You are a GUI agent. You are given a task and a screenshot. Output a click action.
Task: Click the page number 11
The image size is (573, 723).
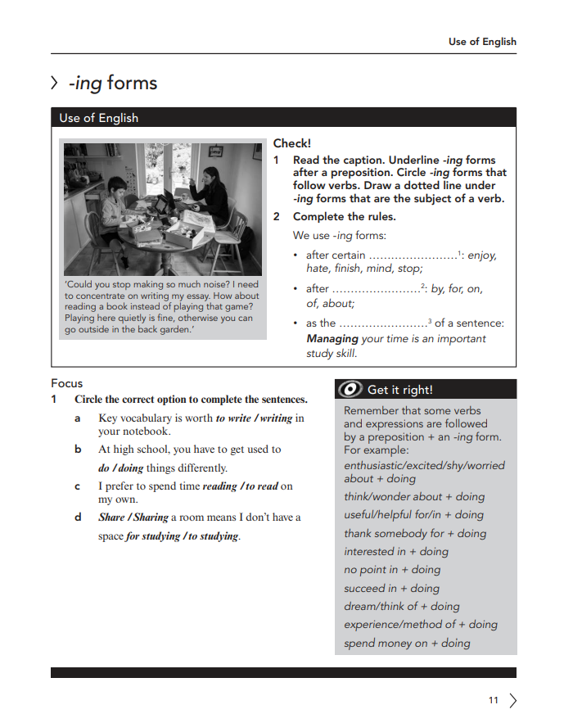point(493,700)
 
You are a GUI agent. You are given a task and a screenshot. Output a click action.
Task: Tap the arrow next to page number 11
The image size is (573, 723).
point(513,700)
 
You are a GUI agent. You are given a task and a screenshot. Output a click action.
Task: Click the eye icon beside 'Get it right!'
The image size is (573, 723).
point(350,390)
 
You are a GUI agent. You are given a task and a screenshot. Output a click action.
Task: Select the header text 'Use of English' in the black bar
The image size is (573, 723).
point(98,118)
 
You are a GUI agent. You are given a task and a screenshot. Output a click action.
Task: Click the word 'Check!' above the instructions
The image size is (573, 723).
point(292,143)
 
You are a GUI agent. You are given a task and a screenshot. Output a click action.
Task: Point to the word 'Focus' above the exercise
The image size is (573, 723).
point(67,383)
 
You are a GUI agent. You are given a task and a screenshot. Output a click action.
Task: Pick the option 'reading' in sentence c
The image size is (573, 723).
point(219,486)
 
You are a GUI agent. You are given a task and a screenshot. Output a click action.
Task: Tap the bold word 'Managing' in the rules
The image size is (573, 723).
point(332,338)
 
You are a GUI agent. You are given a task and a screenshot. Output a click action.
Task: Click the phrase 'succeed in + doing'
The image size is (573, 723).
point(391,588)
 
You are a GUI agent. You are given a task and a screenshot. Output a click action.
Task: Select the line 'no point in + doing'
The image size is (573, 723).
point(392,570)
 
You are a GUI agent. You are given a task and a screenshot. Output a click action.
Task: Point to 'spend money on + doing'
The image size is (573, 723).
point(407,643)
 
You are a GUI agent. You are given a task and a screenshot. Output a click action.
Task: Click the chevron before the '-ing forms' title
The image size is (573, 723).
point(55,83)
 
